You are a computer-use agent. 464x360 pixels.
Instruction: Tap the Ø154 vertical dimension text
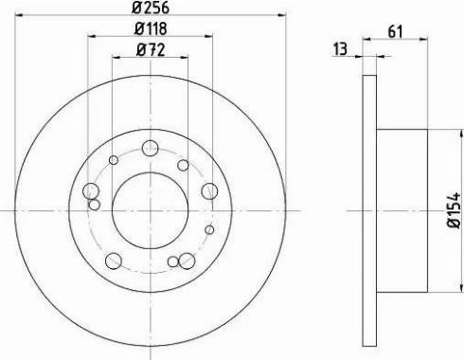click(x=453, y=209)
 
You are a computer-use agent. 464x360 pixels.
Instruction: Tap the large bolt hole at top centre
click(x=149, y=148)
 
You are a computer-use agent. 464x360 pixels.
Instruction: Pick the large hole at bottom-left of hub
click(x=115, y=258)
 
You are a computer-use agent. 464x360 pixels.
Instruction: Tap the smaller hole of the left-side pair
click(x=95, y=204)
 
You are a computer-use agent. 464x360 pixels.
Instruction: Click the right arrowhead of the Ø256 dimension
click(x=281, y=16)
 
